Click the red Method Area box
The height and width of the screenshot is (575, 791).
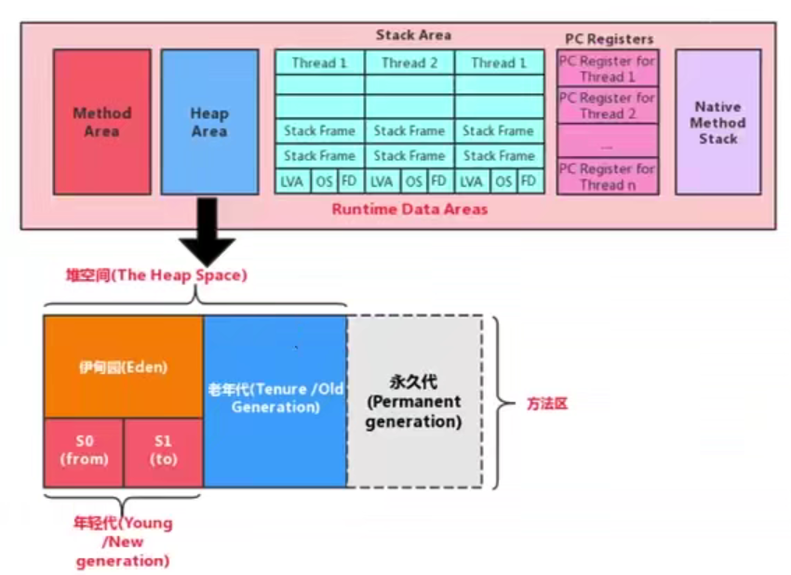coord(101,122)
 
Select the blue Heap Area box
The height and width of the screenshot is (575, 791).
coord(209,122)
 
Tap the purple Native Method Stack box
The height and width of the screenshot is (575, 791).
coord(717,122)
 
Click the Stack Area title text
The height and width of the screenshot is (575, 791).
coord(413,35)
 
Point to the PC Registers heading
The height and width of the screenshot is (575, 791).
coord(609,39)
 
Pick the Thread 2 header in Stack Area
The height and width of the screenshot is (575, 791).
coord(409,63)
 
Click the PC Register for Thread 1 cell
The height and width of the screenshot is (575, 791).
coord(608,69)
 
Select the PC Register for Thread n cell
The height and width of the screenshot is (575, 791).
coord(608,177)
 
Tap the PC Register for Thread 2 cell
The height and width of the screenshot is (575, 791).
coord(608,105)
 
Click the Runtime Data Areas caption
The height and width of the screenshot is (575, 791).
coord(409,209)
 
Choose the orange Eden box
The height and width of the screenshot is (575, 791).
coord(123,367)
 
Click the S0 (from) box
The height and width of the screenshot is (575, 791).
coord(84,452)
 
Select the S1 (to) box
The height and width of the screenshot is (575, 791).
coord(163,452)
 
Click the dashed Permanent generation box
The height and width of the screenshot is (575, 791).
coord(413,402)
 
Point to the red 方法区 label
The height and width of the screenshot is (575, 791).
coord(547,404)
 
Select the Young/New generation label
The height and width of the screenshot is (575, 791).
coord(123,542)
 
